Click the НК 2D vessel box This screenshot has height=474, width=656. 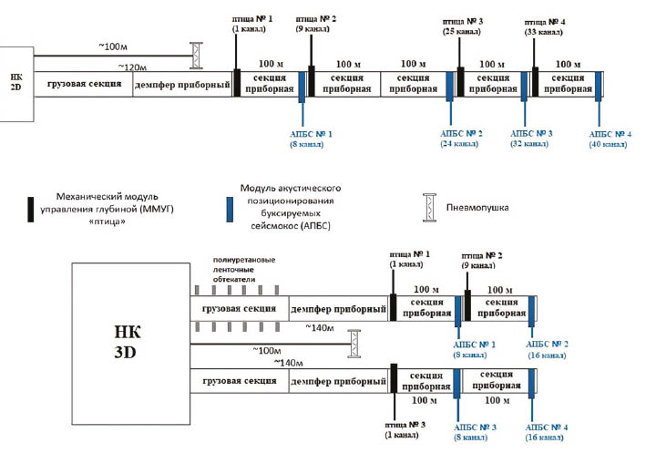coord(15,83)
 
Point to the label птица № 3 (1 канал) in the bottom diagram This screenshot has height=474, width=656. coord(401,429)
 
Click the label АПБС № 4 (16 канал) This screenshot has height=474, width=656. coord(552,432)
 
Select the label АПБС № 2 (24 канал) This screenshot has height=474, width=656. coord(461,139)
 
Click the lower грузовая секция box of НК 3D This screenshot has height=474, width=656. coord(238,379)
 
